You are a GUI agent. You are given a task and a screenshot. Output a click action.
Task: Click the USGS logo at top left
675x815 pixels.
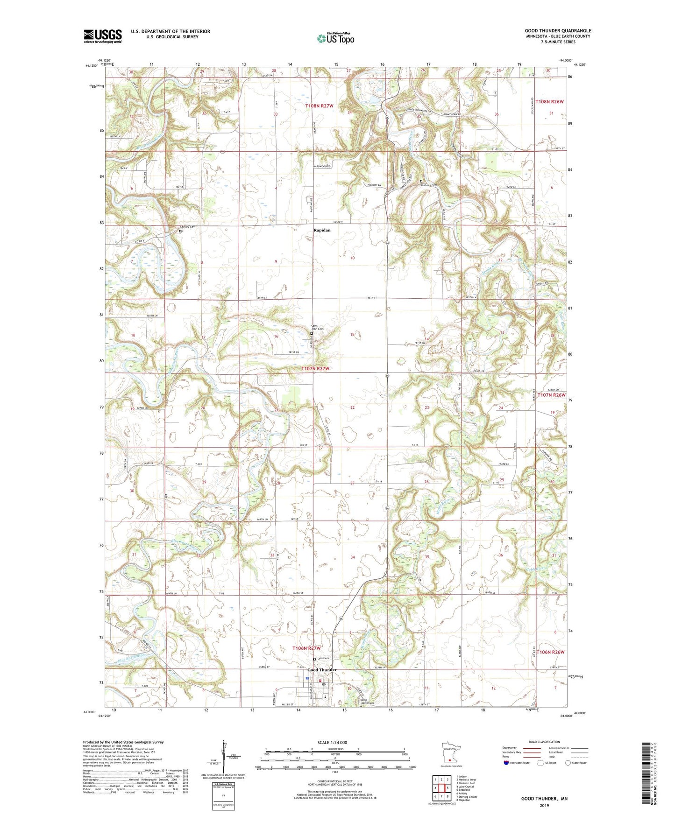click(x=103, y=35)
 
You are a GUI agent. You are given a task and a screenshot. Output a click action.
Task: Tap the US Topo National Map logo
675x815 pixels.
click(x=335, y=38)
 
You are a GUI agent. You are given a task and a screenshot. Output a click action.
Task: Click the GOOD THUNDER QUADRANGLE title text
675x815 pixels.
click(x=558, y=31)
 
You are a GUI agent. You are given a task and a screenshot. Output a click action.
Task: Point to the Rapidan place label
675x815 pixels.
click(x=322, y=230)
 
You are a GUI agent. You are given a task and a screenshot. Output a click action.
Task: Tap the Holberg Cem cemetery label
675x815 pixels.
click(x=429, y=185)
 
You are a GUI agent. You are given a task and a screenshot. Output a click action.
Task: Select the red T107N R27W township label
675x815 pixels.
click(x=316, y=369)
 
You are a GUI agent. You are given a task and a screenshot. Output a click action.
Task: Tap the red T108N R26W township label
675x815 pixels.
click(x=550, y=101)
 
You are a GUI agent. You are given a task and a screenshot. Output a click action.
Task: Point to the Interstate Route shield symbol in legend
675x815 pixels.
click(x=507, y=763)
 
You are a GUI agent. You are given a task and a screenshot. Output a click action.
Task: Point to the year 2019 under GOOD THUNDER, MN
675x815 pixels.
click(x=544, y=805)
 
